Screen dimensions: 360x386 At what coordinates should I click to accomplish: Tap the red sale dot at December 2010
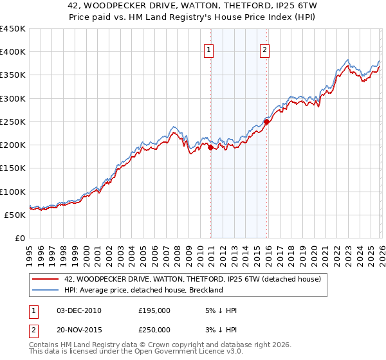pos(210,147)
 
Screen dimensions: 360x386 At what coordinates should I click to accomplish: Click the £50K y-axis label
pos(15,215)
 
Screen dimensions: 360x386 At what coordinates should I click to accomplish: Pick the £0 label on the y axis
pos(20,238)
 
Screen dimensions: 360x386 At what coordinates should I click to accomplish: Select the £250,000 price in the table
pos(154,329)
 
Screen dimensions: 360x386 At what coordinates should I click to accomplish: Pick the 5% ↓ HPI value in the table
pos(219,310)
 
